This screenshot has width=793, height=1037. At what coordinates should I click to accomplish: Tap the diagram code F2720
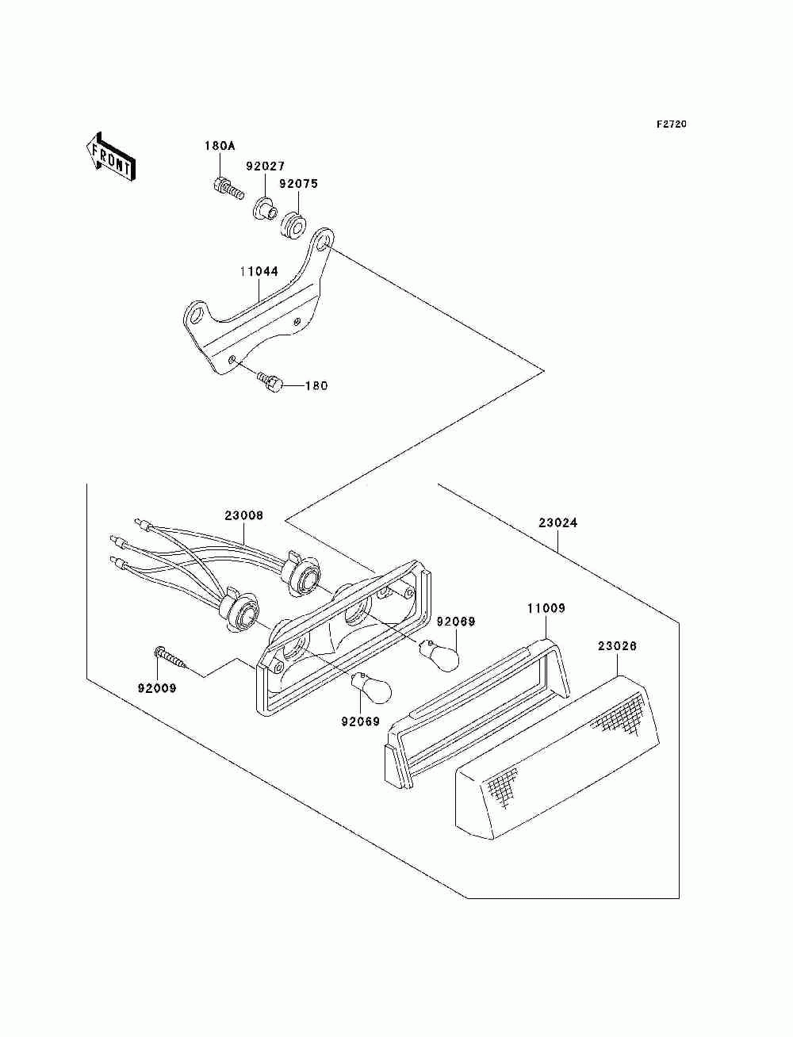(670, 124)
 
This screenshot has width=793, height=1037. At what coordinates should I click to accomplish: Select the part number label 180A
(220, 146)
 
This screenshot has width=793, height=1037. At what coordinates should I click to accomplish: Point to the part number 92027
(264, 167)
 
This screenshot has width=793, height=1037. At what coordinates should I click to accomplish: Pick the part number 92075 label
(298, 183)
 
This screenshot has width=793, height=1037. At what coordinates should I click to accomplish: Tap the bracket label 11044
(259, 271)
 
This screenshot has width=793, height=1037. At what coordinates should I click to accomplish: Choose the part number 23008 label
(243, 515)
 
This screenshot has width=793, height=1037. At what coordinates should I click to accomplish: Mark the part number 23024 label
(558, 522)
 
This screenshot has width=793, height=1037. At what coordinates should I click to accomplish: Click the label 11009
(546, 608)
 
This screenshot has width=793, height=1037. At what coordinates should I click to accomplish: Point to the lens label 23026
(617, 646)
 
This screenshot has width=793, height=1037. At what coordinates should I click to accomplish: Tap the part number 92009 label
(158, 688)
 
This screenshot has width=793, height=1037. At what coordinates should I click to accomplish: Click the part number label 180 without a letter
(316, 386)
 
